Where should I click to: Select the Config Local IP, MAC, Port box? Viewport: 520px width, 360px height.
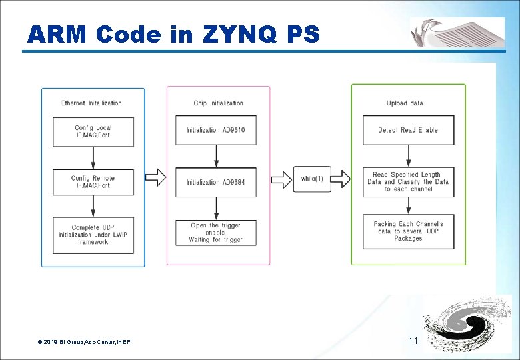[x=93, y=131]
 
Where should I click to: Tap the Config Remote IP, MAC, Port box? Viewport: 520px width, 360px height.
[x=93, y=182]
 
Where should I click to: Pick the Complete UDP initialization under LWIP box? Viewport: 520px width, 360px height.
[x=93, y=235]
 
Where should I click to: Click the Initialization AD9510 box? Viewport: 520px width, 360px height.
[x=215, y=130]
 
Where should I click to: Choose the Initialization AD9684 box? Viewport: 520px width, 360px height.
[x=215, y=182]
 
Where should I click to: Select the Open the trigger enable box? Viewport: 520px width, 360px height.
[x=215, y=233]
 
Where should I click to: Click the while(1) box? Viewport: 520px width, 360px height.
[x=312, y=179]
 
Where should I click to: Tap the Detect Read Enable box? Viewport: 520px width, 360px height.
[x=408, y=130]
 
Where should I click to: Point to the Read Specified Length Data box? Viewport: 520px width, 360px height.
[x=408, y=182]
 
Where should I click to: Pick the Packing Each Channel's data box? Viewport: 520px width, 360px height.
[x=408, y=231]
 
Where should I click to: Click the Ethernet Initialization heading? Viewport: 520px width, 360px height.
[x=91, y=103]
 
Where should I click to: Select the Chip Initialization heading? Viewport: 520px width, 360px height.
[x=218, y=103]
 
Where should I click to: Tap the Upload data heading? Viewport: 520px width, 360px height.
[x=405, y=103]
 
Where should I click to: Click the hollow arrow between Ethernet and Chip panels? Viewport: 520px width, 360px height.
[x=155, y=177]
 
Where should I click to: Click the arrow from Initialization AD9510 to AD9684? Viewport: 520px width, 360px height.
[x=215, y=156]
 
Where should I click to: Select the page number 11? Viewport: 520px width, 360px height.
[x=413, y=341]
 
